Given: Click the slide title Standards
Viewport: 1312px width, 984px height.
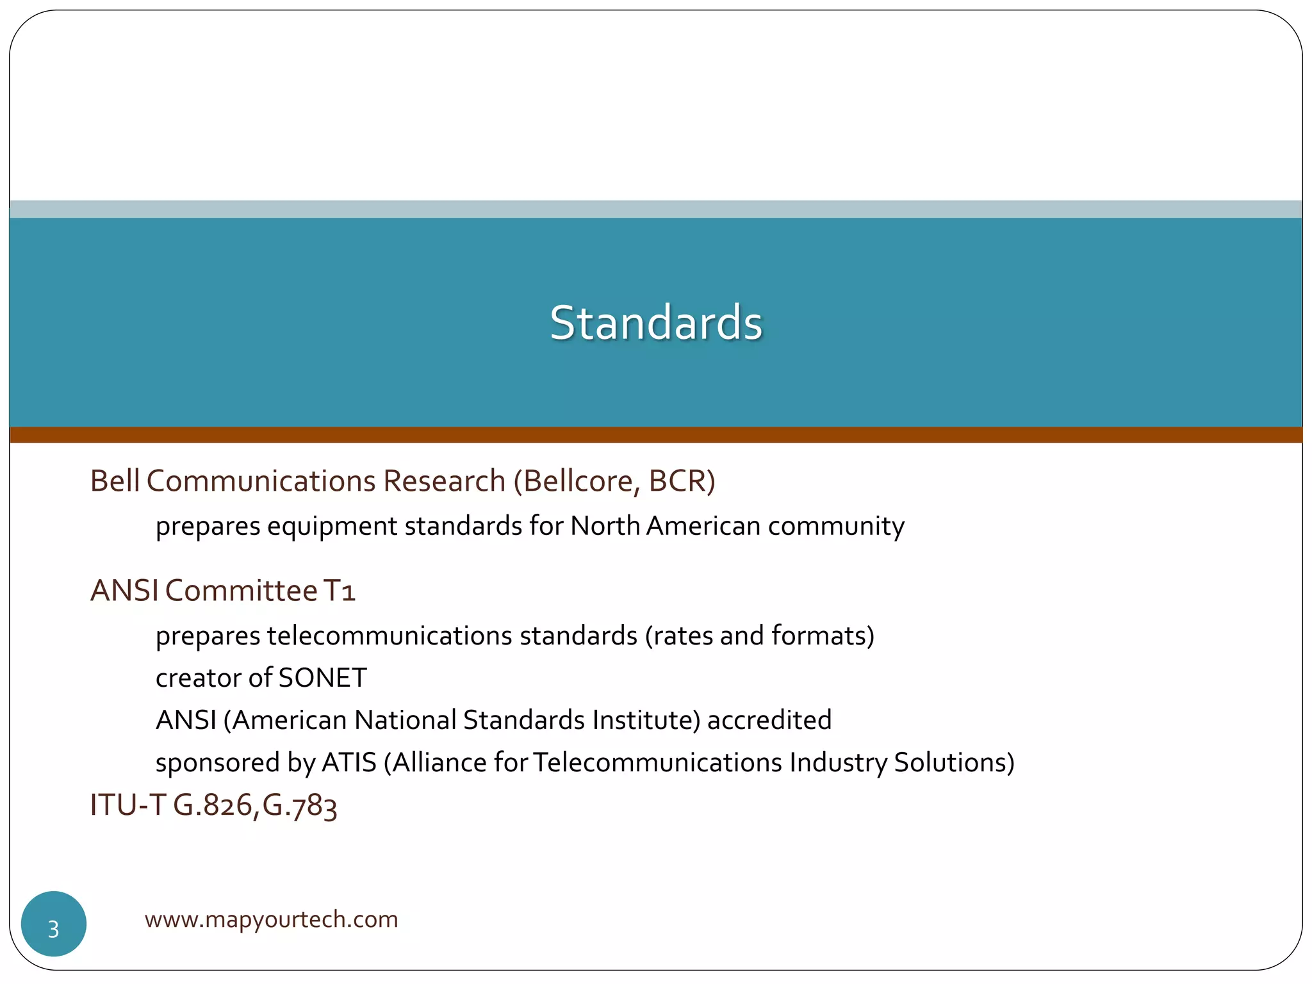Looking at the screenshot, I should tap(656, 322).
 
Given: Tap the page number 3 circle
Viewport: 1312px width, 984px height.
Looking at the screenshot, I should tap(54, 924).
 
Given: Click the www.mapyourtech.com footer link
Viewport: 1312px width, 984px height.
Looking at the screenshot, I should tap(271, 919).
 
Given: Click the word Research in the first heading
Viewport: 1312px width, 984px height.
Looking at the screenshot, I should tap(444, 481).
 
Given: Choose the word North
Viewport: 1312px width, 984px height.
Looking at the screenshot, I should tap(605, 526).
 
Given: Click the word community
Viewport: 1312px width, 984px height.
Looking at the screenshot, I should tap(836, 527).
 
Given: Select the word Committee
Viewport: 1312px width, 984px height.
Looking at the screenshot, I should tap(242, 591).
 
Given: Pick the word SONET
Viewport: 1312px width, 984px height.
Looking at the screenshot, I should tap(323, 678).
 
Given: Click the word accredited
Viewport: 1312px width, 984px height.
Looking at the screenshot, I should tap(769, 720).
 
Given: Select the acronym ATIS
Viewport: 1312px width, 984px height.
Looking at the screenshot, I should tap(348, 762).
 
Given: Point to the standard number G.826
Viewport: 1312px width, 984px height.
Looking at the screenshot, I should tap(213, 805).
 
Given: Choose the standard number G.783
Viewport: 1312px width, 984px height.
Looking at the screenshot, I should tap(300, 806).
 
